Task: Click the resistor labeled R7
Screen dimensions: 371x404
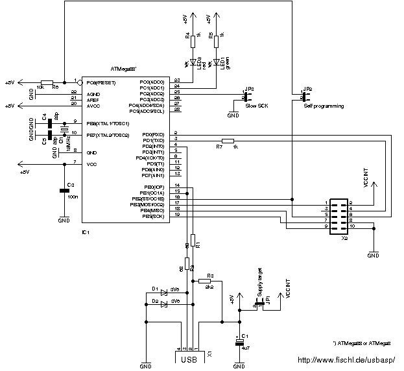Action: pyautogui.click(x=228, y=140)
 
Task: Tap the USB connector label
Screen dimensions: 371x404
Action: pyautogui.click(x=189, y=359)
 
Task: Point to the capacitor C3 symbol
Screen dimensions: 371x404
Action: pyautogui.click(x=64, y=190)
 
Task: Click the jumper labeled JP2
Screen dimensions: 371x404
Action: pyautogui.click(x=305, y=96)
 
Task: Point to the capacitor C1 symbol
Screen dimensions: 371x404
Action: pyautogui.click(x=239, y=341)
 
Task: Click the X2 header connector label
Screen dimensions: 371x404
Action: pyautogui.click(x=344, y=238)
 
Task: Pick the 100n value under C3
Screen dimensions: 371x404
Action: pyautogui.click(x=73, y=196)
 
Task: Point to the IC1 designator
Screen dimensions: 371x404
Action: pyautogui.click(x=85, y=232)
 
